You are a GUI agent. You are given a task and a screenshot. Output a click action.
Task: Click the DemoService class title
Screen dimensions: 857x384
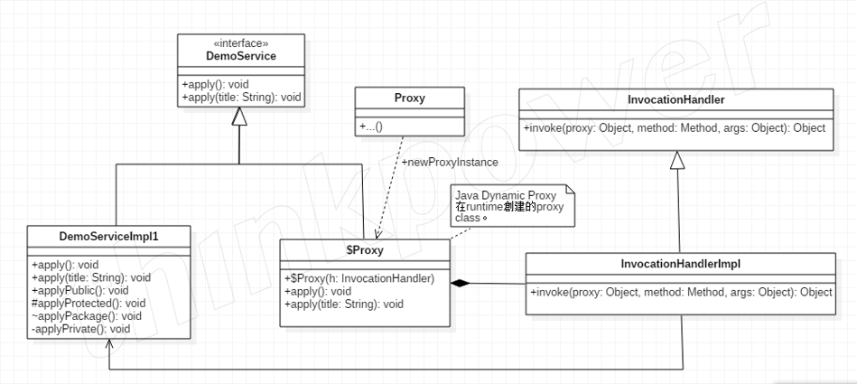[241, 56]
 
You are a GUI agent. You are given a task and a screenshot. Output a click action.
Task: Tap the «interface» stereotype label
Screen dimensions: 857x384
[241, 43]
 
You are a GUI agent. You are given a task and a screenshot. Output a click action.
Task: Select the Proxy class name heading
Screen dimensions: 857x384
[410, 98]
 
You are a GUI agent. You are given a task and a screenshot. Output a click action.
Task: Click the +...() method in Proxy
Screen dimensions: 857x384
[371, 126]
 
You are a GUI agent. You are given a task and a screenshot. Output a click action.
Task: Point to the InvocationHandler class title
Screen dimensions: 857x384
[676, 99]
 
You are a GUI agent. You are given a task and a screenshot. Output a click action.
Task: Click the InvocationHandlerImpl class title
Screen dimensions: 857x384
[681, 264]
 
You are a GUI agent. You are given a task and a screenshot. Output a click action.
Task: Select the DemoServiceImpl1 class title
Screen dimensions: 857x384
[108, 237]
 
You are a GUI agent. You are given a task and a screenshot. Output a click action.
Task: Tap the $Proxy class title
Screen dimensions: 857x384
[365, 250]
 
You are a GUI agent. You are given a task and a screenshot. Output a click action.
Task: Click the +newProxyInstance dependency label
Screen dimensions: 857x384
[450, 163]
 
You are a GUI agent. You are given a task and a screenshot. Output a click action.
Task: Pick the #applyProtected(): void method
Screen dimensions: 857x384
[88, 303]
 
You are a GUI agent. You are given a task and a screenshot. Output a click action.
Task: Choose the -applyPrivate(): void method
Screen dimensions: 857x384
[81, 329]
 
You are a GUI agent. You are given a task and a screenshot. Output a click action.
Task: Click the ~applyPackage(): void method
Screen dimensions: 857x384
[87, 316]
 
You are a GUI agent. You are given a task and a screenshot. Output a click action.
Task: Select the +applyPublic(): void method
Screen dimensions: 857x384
[79, 290]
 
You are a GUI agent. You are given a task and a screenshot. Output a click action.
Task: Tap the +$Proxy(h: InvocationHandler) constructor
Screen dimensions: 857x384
[359, 278]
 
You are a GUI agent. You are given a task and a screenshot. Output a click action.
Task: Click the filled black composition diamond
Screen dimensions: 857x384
[461, 283]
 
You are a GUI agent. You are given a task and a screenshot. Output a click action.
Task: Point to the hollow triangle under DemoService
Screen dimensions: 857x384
[239, 116]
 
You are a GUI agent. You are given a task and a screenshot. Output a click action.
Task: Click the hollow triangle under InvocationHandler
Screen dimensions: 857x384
[677, 160]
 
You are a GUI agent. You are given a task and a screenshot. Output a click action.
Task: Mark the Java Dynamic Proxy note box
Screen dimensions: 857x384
[513, 205]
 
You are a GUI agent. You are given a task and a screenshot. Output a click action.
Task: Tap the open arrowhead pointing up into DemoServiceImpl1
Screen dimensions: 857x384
[108, 344]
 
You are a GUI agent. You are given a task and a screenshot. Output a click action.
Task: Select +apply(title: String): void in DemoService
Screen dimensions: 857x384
[241, 98]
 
